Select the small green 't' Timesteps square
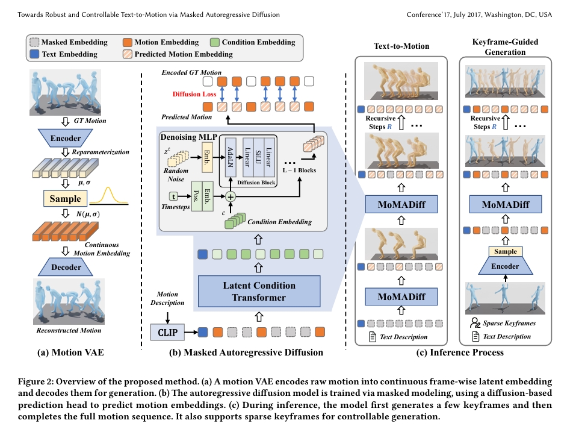pos(174,196)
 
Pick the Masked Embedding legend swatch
pos(34,42)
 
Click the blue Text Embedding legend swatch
pos(34,54)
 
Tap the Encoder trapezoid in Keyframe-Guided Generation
pos(506,266)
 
